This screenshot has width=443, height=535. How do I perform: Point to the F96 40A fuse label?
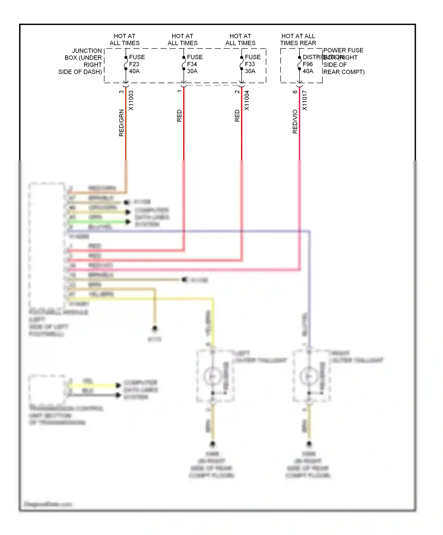[x=308, y=68]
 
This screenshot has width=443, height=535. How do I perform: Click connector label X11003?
[x=131, y=100]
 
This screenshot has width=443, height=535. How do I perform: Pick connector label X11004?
[x=247, y=100]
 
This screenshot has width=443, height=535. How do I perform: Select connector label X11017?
[x=305, y=100]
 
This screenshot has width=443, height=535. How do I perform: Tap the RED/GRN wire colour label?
[x=121, y=123]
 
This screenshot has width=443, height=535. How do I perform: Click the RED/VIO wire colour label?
[x=295, y=122]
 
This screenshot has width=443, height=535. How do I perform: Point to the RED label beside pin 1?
[x=179, y=116]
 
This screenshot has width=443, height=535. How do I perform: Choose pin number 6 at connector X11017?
[x=295, y=92]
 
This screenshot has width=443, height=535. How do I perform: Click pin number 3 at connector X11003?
[x=121, y=92]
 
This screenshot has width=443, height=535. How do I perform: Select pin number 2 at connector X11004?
[x=237, y=92]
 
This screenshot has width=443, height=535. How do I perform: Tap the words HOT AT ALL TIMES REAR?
[x=298, y=40]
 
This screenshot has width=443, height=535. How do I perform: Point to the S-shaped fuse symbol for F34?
[x=183, y=63]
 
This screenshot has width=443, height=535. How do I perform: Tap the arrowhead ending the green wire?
[x=128, y=222]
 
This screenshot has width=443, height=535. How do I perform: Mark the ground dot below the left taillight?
[x=212, y=444]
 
